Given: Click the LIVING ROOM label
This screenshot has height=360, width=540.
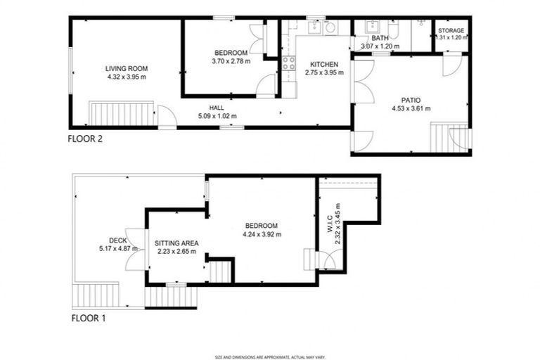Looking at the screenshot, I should click(127, 68).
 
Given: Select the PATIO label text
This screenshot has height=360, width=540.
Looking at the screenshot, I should click(411, 101).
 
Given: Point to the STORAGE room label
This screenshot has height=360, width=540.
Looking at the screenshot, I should click(451, 31).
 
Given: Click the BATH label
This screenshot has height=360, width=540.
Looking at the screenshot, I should click(380, 39).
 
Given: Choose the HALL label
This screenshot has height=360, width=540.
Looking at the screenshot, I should click(217, 108).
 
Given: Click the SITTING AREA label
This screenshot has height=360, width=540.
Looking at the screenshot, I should click(175, 243).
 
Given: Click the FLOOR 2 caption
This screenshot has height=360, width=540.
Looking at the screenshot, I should click(85, 139).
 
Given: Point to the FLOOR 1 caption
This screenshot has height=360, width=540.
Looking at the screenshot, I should click(89, 318).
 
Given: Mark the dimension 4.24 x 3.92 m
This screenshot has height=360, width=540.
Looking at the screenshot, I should click(262, 234).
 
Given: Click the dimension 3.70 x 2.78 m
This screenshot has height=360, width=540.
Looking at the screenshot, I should click(231, 61).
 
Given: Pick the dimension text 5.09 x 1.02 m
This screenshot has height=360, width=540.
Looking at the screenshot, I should click(217, 116).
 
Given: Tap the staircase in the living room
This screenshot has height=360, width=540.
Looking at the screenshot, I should click(121, 113).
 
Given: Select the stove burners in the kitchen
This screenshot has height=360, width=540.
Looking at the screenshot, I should click(288, 64).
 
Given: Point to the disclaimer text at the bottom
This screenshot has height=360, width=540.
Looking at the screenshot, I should click(270, 357).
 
